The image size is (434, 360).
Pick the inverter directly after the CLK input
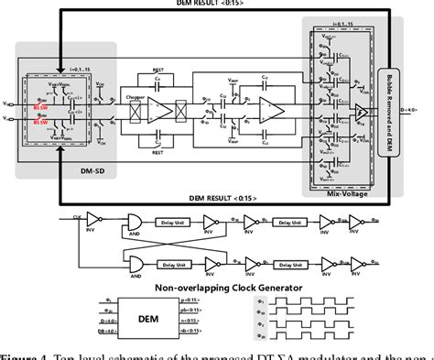105,220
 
